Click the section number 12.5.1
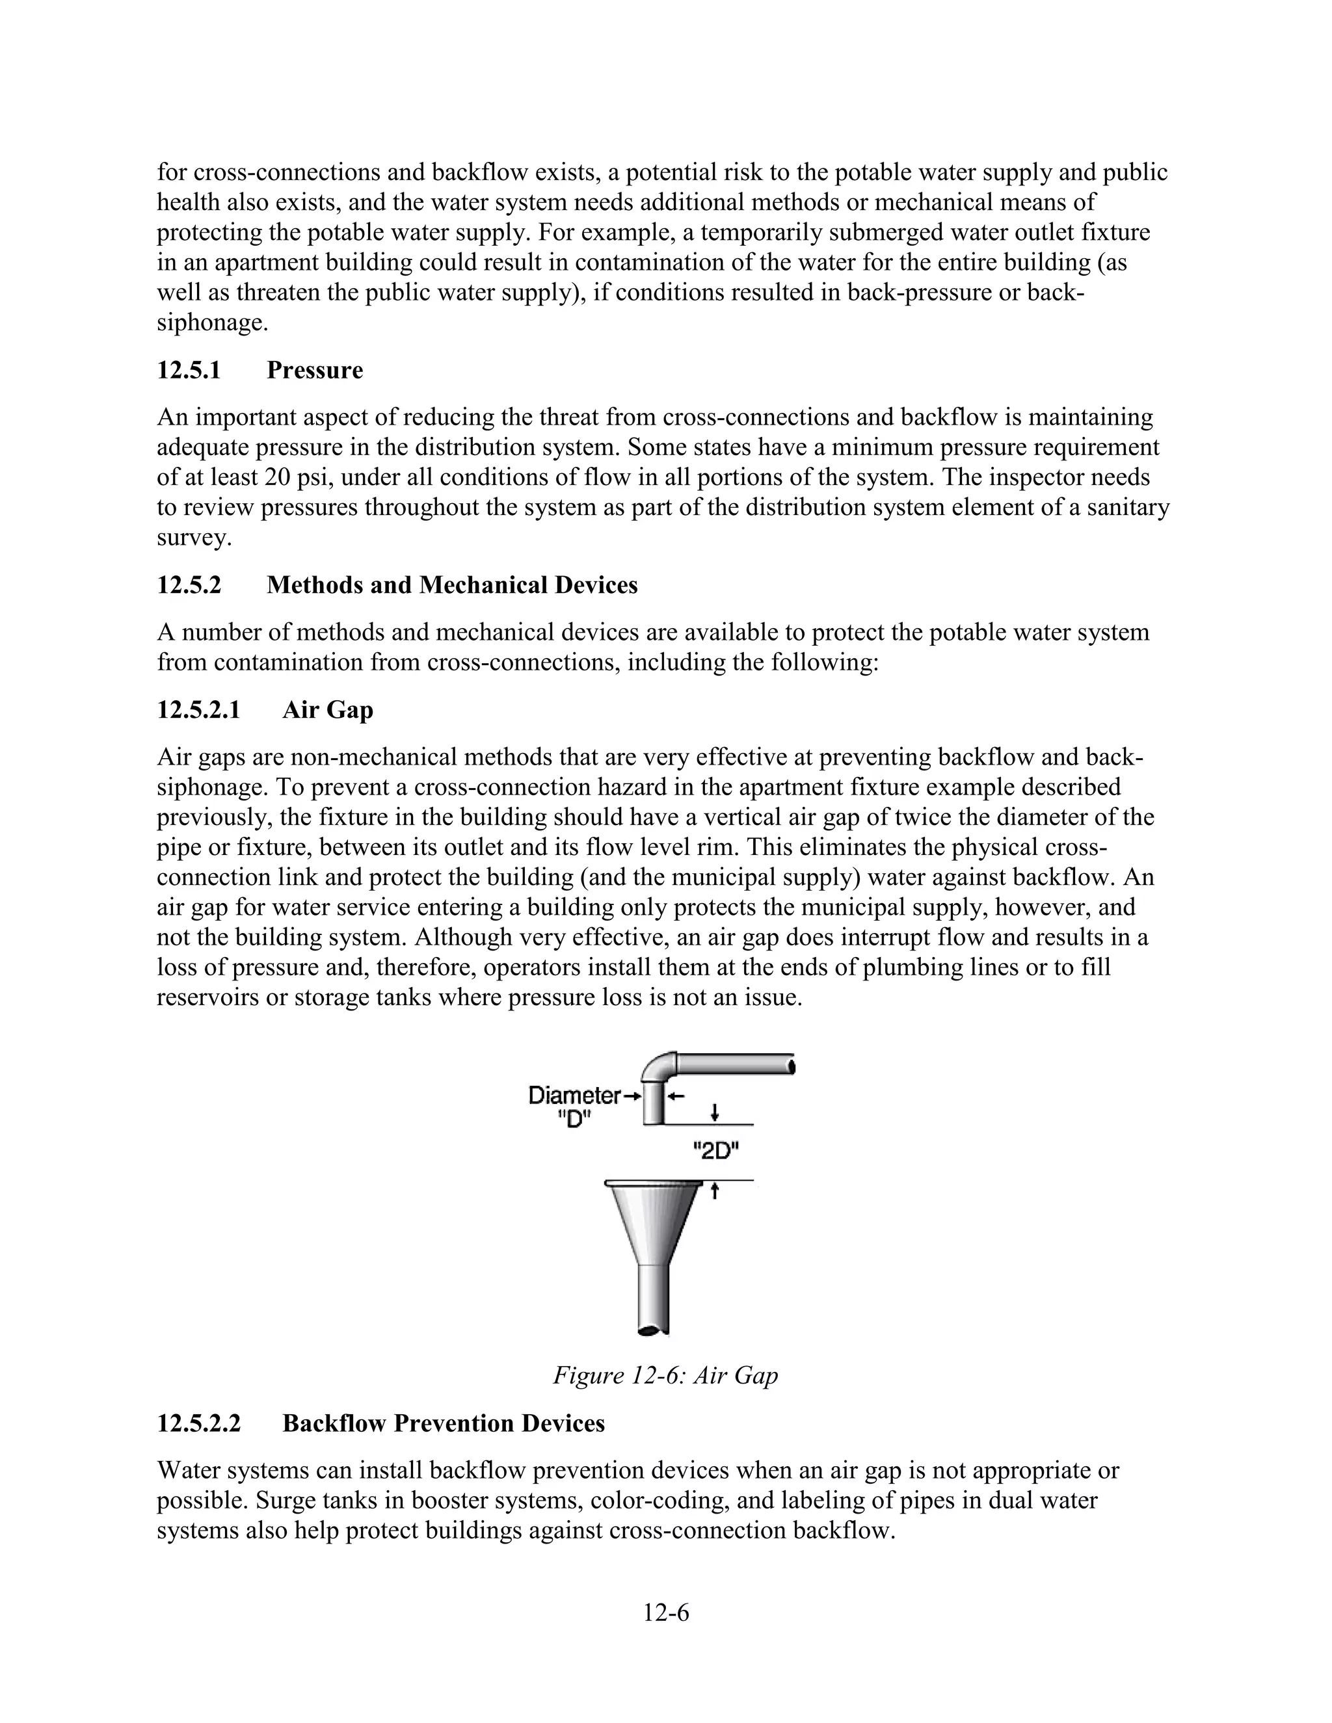tap(189, 370)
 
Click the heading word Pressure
tap(314, 370)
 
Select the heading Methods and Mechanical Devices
tap(451, 585)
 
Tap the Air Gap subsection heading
tap(328, 710)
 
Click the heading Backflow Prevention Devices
tap(444, 1423)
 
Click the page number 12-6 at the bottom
tap(665, 1612)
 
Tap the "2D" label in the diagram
tap(715, 1153)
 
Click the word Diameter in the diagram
tap(574, 1095)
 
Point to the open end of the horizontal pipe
tap(791, 1066)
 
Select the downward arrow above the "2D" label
tap(714, 1112)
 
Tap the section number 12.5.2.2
tap(198, 1423)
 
